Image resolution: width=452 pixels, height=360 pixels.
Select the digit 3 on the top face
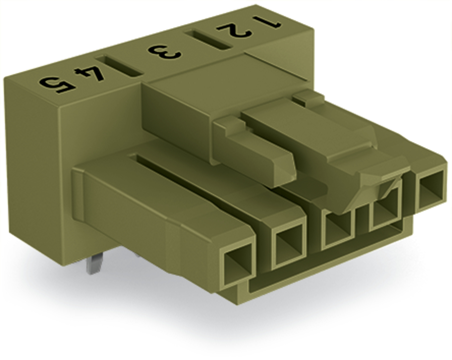(x=165, y=52)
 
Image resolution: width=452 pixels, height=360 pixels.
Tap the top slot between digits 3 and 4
(x=119, y=66)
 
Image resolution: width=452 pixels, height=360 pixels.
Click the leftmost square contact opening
(x=237, y=267)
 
